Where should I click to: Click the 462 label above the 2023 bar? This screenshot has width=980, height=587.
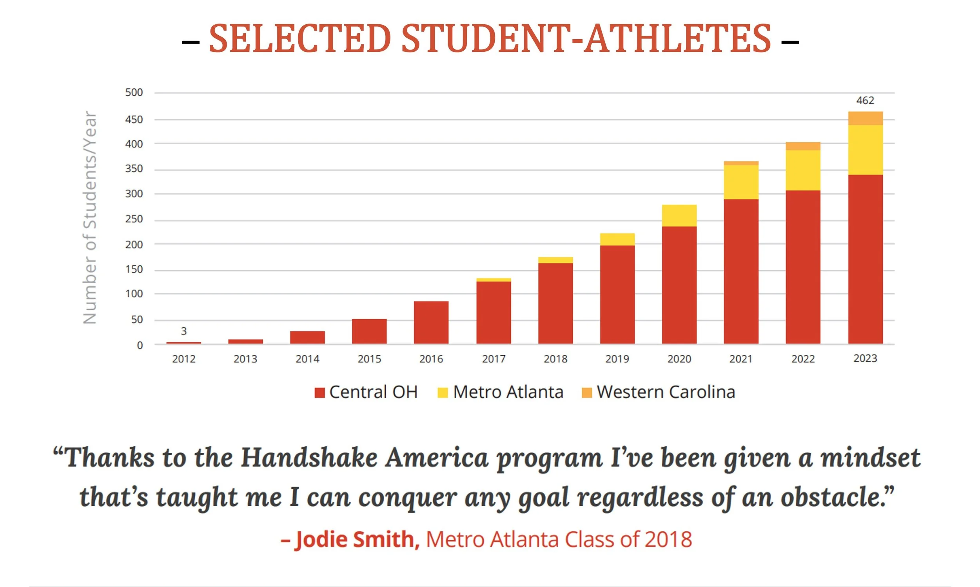[865, 100]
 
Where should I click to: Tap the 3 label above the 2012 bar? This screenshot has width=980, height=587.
[184, 331]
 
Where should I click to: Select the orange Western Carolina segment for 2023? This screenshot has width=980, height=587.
[865, 118]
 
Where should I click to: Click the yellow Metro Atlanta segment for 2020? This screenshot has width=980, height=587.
[679, 216]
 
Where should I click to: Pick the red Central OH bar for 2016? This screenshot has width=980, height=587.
[431, 322]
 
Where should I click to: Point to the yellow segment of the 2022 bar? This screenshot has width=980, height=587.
[803, 170]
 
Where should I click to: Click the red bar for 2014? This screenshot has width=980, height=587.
[307, 337]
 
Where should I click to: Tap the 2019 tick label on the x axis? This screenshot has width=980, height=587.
[617, 359]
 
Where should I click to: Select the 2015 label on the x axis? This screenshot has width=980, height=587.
[369, 359]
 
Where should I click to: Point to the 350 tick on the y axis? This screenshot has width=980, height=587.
[134, 169]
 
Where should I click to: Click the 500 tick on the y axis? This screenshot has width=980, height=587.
[134, 93]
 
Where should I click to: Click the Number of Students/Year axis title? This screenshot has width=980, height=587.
[90, 218]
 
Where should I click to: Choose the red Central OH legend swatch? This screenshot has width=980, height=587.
[319, 393]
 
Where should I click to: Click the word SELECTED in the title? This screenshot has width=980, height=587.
[299, 39]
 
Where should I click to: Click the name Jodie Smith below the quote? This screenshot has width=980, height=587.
[355, 540]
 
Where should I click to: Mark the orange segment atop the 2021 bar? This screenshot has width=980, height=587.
[741, 163]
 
